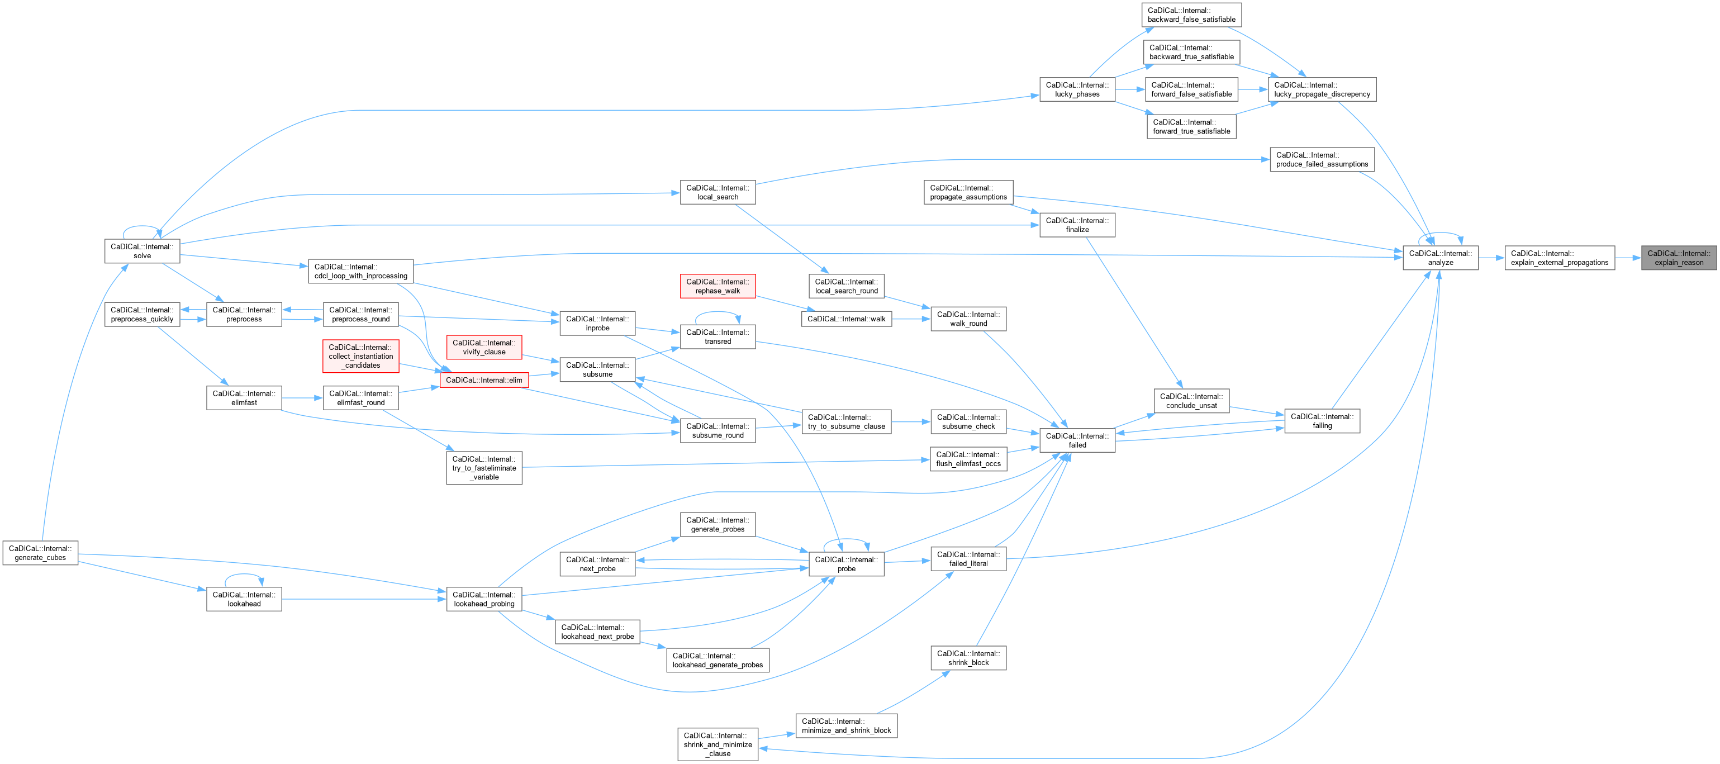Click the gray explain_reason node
[x=1679, y=258]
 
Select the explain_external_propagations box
[x=1559, y=258]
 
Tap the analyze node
[x=1440, y=258]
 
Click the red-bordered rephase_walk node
[x=717, y=286]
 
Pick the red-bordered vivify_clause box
[x=484, y=347]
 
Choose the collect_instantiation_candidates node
[x=360, y=356]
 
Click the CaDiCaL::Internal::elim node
[x=484, y=380]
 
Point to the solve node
[x=142, y=251]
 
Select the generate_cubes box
[x=40, y=553]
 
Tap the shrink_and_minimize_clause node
[x=718, y=744]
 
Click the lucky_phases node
[x=1077, y=89]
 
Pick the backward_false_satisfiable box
[x=1191, y=15]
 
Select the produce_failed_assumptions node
[x=1322, y=160]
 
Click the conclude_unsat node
[x=1191, y=401]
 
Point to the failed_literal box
[x=968, y=559]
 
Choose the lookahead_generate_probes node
[x=717, y=660]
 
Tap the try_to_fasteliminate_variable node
[x=484, y=467]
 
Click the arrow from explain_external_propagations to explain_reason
[x=1628, y=258]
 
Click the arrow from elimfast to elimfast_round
[x=302, y=398]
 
